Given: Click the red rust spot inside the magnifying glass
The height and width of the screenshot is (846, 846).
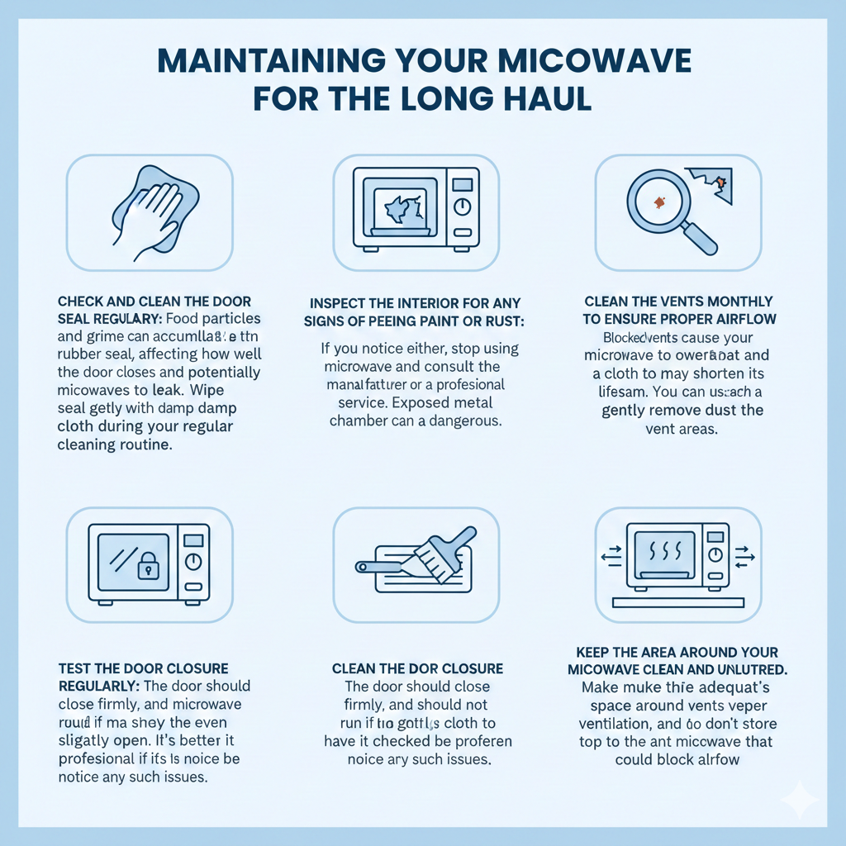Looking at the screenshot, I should (x=659, y=202).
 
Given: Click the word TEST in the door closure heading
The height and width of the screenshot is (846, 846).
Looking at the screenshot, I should (x=75, y=668).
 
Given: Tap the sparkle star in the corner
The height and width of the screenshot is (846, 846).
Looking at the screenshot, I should (x=799, y=800).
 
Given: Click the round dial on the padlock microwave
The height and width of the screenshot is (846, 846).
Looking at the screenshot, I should (x=192, y=562).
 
